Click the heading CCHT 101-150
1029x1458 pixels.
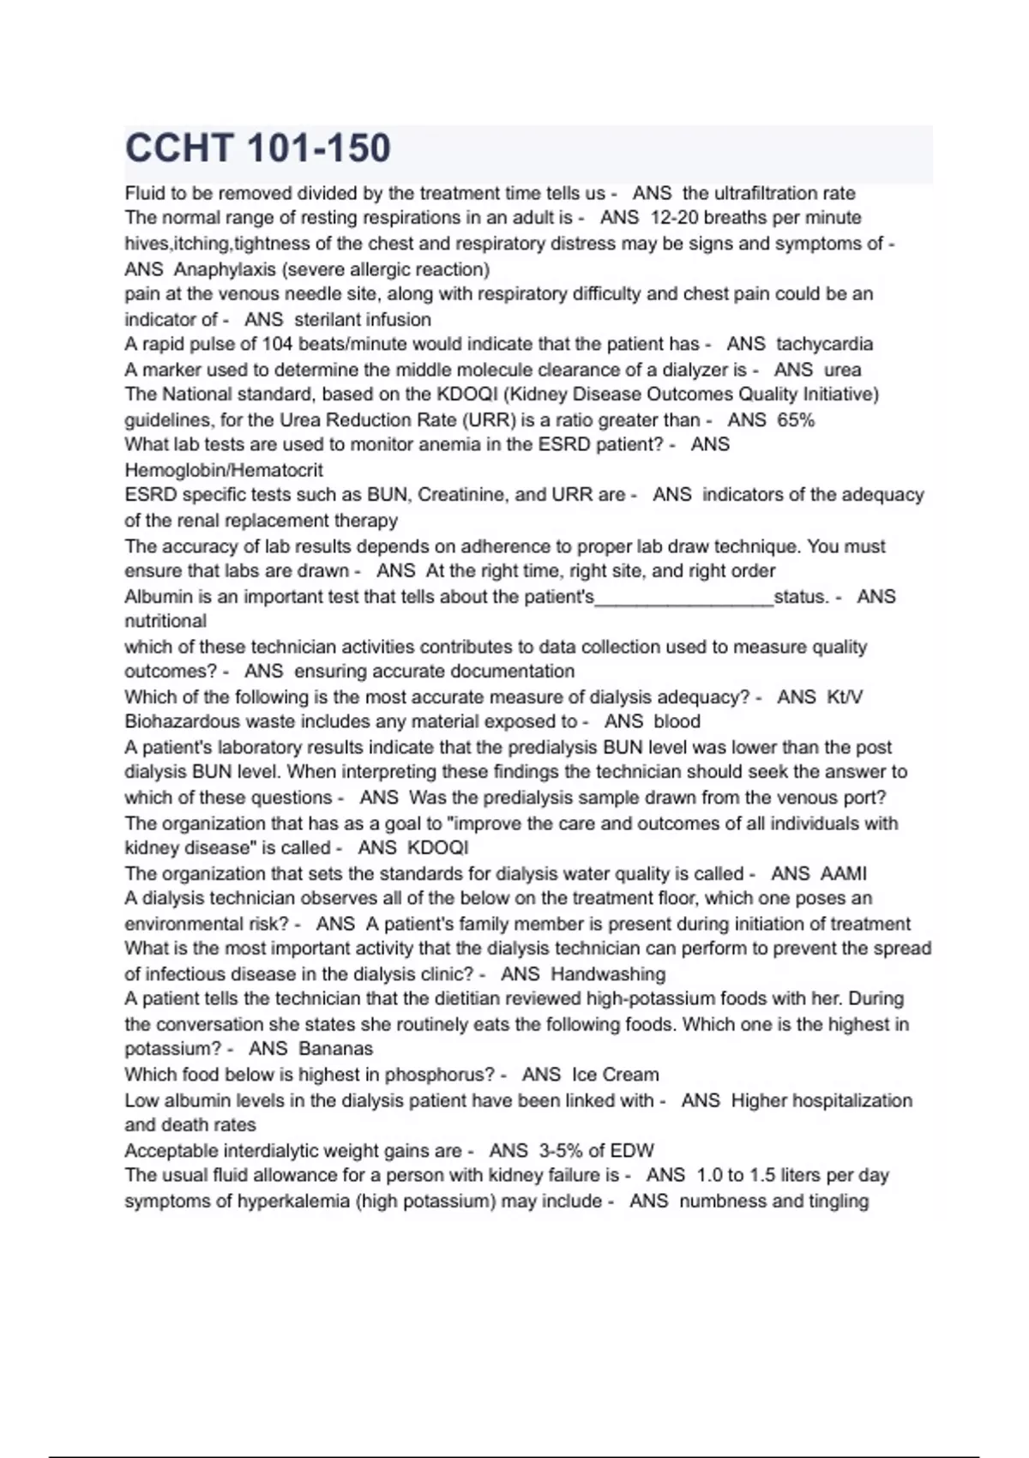258,148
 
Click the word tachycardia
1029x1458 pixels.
824,344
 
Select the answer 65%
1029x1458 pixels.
796,420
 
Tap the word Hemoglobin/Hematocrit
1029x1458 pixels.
224,470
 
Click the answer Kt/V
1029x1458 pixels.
845,697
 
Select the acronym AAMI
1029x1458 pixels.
844,874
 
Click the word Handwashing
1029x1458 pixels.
608,974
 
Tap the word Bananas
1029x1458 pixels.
336,1049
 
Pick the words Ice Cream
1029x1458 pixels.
616,1075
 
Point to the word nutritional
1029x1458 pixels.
165,621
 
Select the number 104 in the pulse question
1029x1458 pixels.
276,344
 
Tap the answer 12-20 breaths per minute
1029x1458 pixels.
756,218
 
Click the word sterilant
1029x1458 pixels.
325,320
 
